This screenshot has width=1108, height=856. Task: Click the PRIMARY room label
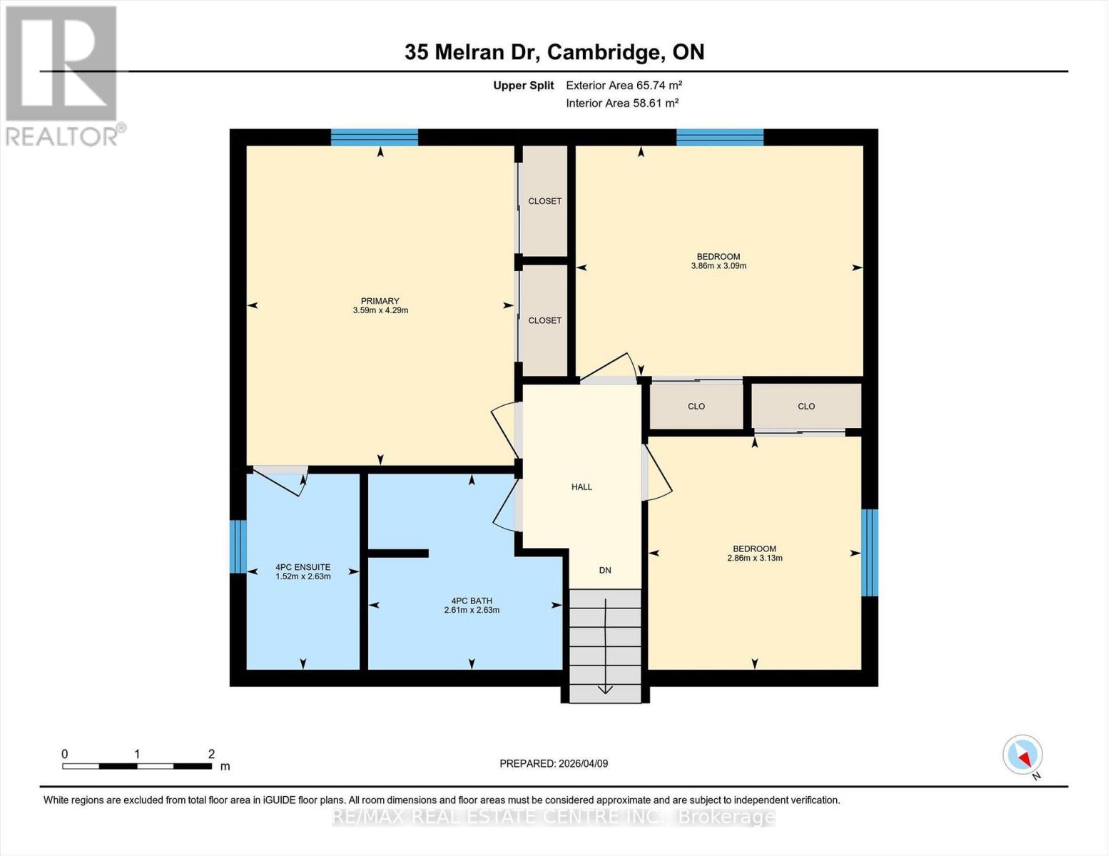tap(380, 301)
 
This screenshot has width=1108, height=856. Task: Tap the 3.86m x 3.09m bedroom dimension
tap(718, 266)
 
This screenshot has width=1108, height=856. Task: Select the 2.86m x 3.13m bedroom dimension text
tap(754, 559)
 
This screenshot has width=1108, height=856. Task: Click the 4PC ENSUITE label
tap(303, 567)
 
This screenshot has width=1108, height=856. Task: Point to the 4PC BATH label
tap(472, 601)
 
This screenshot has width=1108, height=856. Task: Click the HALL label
tap(581, 487)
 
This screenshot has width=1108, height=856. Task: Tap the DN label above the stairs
tap(605, 570)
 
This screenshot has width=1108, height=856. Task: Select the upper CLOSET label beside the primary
tap(544, 201)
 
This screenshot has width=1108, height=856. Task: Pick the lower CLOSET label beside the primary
tap(544, 320)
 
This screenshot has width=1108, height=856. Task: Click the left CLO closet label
tap(696, 407)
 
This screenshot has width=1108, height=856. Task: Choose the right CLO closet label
tap(806, 407)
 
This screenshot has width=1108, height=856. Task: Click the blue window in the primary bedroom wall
tap(375, 137)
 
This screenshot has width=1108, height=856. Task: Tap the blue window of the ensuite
tap(238, 546)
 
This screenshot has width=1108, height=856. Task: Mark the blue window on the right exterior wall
tap(870, 553)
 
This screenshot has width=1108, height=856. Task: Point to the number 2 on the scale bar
tap(211, 754)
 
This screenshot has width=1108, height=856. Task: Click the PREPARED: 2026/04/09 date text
tap(554, 764)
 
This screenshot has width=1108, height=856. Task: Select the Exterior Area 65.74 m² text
tap(624, 86)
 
